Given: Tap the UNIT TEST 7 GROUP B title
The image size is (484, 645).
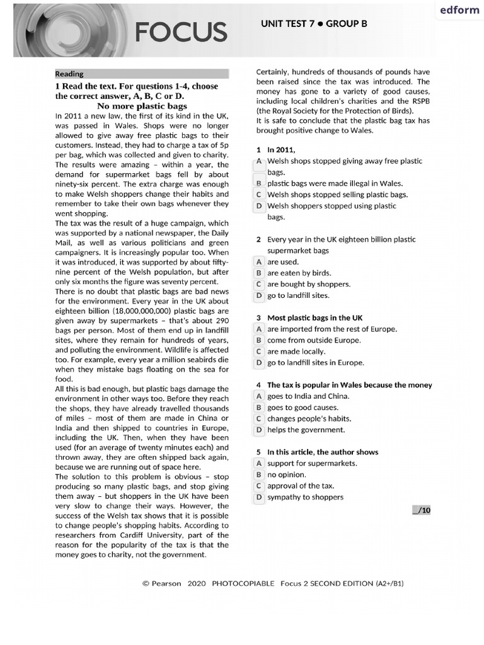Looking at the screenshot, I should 314,24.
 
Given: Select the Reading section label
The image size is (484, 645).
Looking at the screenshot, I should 69,74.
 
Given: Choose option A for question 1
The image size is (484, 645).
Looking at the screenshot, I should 258,161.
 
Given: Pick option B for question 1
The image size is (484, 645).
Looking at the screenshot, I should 258,183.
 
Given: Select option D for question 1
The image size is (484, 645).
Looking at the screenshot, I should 258,206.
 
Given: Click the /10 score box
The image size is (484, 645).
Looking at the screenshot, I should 421,510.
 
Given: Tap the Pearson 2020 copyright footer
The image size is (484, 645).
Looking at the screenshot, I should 273,583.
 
